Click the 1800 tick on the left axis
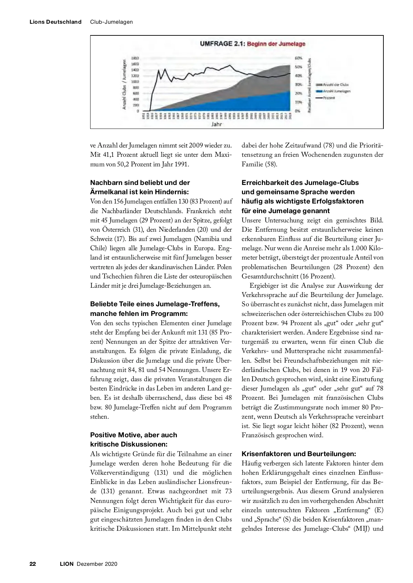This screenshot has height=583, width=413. click(x=135, y=58)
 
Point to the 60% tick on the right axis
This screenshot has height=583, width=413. click(x=298, y=58)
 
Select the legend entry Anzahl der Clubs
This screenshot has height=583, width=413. click(x=336, y=85)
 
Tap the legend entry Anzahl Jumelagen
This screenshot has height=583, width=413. click(x=337, y=91)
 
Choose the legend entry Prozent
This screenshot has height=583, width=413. click(x=329, y=98)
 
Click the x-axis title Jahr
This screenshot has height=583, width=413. click(x=216, y=124)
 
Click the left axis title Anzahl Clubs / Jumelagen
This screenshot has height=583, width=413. click(x=125, y=85)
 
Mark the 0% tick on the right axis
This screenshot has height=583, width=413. click(x=298, y=111)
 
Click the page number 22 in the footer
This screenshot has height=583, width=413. click(x=33, y=564)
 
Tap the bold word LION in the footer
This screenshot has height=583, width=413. click(x=67, y=564)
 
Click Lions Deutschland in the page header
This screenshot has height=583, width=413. click(x=55, y=22)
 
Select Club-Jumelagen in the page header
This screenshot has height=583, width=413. click(x=112, y=22)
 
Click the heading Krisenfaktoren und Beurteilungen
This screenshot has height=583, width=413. click(x=299, y=454)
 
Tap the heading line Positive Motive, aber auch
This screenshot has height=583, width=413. click(x=134, y=435)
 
